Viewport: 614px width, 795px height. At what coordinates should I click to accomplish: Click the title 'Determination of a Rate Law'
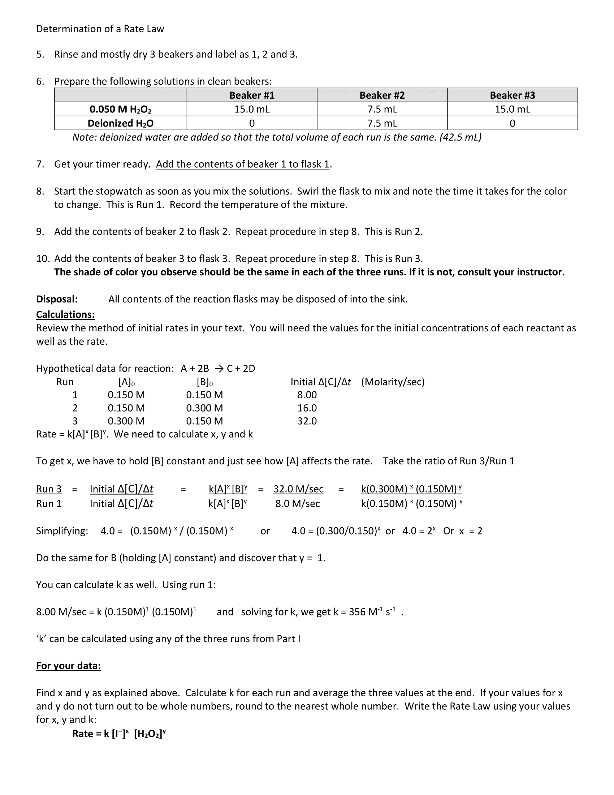[100, 29]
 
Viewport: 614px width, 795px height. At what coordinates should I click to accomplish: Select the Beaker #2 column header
[382, 95]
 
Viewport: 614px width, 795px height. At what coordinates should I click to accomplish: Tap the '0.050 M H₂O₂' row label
[120, 109]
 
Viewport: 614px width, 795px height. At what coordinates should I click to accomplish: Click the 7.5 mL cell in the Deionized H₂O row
[382, 123]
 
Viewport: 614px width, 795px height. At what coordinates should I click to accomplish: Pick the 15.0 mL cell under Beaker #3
[512, 109]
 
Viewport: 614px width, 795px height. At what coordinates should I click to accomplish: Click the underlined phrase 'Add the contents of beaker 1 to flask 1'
[243, 164]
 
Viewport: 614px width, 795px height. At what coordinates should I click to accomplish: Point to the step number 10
[43, 258]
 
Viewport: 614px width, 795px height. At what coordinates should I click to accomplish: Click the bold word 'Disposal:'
[57, 299]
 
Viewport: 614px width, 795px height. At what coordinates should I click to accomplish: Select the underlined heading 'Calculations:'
[65, 314]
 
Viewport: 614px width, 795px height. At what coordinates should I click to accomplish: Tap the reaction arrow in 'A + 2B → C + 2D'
[218, 368]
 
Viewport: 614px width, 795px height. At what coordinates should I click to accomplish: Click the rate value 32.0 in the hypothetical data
[307, 421]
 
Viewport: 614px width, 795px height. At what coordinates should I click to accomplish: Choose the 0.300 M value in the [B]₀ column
[204, 408]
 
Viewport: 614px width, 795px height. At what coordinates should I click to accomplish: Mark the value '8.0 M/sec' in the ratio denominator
[298, 503]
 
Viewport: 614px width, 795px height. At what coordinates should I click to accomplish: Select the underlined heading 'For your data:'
[68, 666]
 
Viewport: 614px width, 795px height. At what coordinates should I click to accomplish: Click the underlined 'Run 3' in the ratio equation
[49, 489]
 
